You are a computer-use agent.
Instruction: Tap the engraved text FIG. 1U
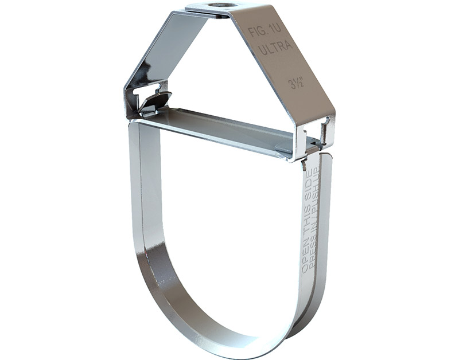pyautogui.click(x=263, y=32)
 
